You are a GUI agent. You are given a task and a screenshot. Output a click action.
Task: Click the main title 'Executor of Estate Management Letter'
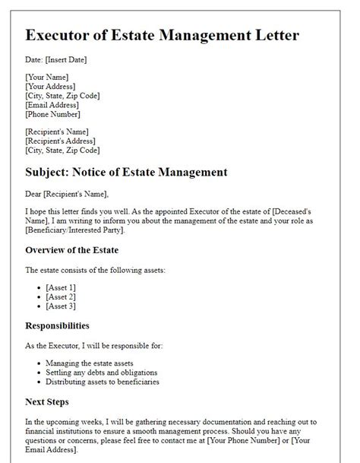coord(162,36)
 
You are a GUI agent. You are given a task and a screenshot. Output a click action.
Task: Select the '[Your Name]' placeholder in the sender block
coord(47,78)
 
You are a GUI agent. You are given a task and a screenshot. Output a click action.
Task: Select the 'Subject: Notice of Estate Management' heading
coord(126,173)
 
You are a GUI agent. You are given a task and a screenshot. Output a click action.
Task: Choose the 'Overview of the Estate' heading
coord(72,250)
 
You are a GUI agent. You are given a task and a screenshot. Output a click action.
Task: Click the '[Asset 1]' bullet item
coord(61,287)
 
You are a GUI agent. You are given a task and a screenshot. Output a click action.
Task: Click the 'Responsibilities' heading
coord(58,325)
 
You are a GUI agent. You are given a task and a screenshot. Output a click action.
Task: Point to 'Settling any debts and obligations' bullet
coord(101,373)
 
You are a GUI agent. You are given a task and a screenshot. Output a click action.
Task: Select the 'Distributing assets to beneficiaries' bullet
coord(103,382)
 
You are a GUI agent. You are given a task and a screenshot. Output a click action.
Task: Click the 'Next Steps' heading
coord(47,401)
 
